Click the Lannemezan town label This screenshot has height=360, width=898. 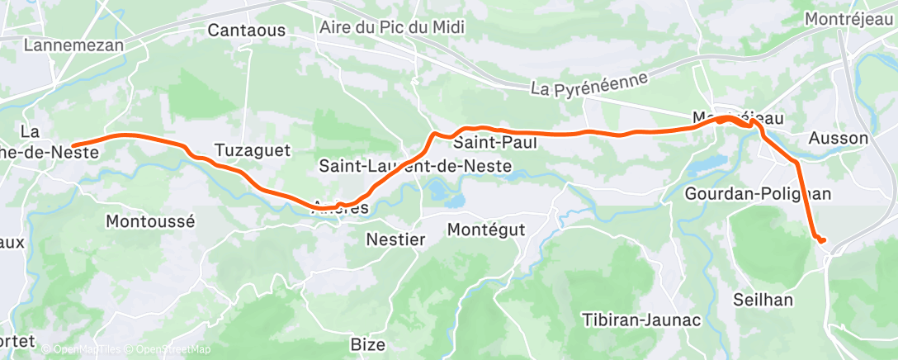tap(73, 45)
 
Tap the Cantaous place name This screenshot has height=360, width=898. tap(247, 31)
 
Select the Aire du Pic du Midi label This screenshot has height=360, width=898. tap(391, 26)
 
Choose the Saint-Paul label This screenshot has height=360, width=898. tap(495, 143)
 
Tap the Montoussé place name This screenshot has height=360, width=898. tap(150, 221)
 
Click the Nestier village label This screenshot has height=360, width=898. tap(395, 240)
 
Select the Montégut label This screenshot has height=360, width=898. tap(486, 229)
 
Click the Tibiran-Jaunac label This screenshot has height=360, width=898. tap(641, 320)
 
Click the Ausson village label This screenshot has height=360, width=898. tap(839, 138)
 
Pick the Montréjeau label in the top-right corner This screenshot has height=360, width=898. tap(849, 19)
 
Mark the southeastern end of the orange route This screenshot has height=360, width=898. tap(822, 240)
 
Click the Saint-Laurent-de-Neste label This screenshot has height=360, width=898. tap(415, 167)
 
